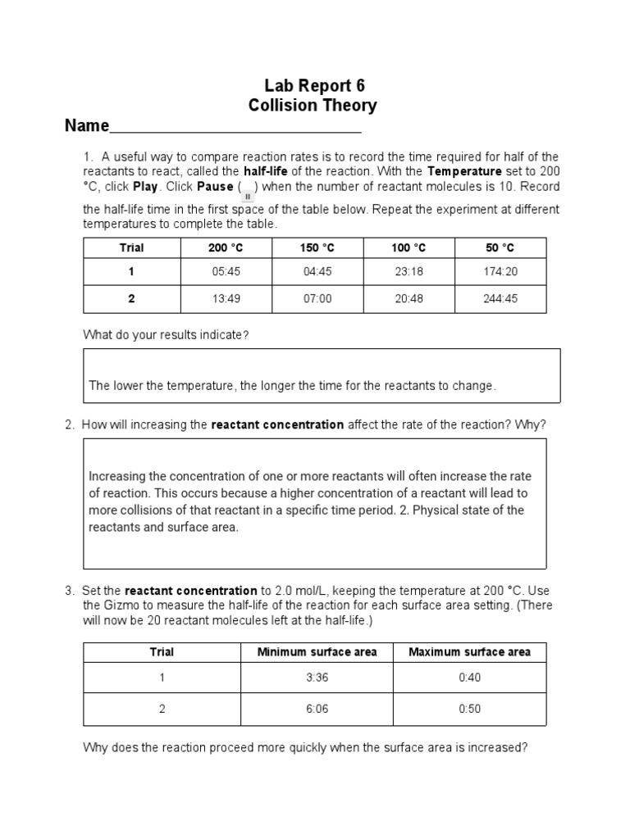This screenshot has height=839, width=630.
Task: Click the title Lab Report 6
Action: (313, 85)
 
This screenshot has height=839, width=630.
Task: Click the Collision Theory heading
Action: (313, 106)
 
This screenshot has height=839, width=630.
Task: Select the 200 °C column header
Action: (225, 248)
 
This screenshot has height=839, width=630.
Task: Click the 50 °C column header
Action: (500, 248)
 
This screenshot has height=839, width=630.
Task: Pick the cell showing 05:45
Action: (225, 271)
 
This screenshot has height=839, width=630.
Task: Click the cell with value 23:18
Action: (409, 271)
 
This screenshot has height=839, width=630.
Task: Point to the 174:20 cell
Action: (500, 271)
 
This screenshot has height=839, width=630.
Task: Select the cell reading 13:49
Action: (225, 298)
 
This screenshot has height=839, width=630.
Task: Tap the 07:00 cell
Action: (317, 298)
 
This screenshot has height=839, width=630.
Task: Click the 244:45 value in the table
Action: (500, 298)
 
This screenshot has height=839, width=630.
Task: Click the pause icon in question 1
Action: (247, 193)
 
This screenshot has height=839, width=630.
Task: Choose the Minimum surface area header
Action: (317, 652)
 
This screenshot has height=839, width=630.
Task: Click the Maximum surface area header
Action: (469, 652)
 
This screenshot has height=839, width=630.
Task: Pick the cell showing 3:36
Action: (317, 678)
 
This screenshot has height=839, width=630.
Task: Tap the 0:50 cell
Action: (469, 709)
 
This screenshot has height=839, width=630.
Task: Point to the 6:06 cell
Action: (317, 709)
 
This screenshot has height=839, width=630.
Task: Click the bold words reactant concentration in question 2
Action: (277, 424)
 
